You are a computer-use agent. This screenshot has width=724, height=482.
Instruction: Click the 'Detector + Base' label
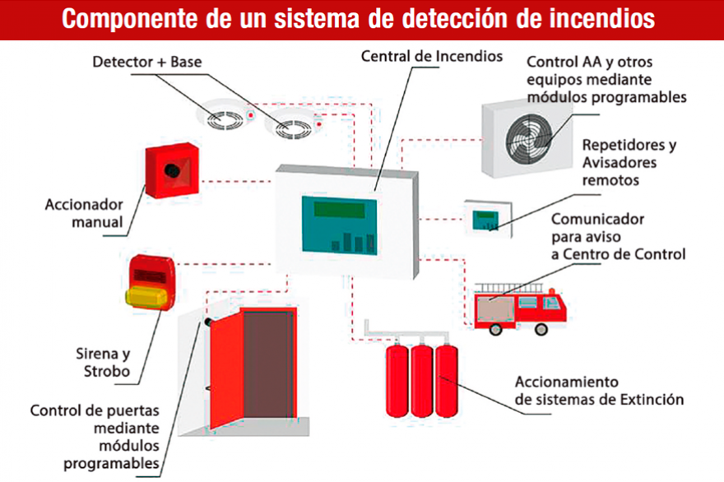pos(147,62)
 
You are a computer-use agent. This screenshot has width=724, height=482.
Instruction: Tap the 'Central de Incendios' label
pos(431,57)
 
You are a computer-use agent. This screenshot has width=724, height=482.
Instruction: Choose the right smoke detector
pos(292,127)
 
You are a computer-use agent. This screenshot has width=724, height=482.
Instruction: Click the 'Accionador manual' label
pos(84,212)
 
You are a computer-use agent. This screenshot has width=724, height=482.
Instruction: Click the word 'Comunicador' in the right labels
pos(596,220)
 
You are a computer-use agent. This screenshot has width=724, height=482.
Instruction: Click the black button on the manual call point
pos(173,169)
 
